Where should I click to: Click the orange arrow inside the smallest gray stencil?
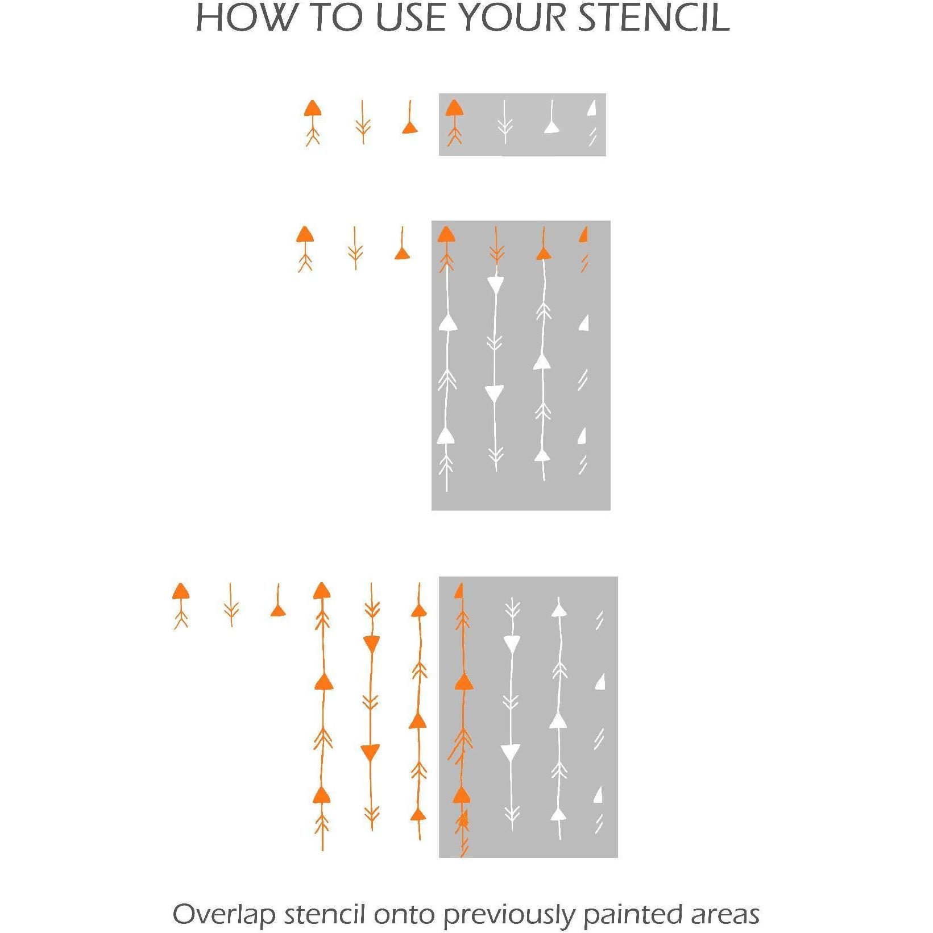454,123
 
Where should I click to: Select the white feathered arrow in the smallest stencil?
504,122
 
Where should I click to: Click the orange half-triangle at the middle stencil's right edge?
583,234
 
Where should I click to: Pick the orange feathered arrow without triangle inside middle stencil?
496,246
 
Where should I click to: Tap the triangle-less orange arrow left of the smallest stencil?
363,122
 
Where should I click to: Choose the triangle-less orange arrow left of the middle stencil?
355,248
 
